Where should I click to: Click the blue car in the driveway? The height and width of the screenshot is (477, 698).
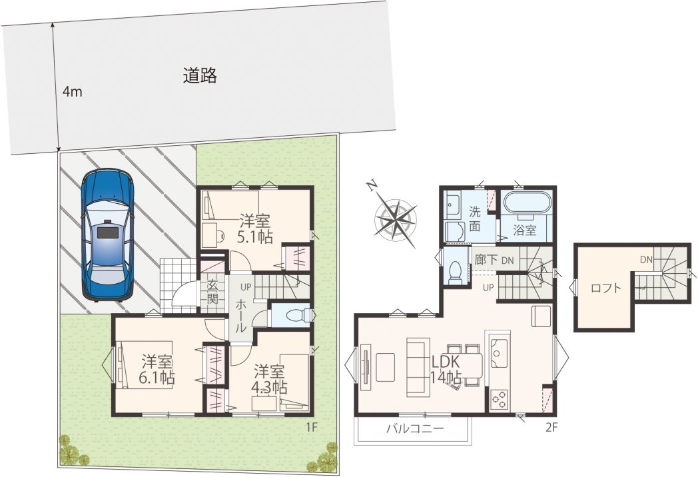click(108, 235)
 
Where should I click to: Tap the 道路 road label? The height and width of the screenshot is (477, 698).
click(200, 76)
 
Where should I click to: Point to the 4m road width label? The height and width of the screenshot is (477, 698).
click(72, 92)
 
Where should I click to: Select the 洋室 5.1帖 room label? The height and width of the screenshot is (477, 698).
click(254, 229)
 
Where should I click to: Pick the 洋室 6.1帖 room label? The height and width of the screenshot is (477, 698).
click(157, 369)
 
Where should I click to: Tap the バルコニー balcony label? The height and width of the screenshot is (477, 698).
click(415, 429)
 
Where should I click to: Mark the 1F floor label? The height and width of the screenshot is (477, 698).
click(311, 428)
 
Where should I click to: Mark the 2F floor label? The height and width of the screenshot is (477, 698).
click(551, 428)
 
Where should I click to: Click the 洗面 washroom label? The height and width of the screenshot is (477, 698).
click(474, 219)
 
